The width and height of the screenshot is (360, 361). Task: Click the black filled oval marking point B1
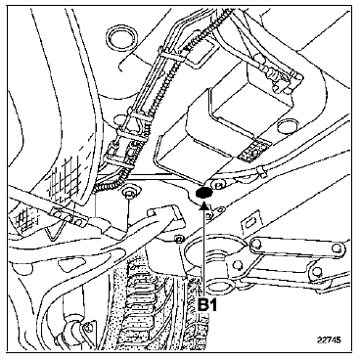[203, 193]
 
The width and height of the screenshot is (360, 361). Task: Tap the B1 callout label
[207, 305]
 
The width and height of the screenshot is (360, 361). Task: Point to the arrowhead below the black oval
[203, 204]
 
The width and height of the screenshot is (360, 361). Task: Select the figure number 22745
[329, 339]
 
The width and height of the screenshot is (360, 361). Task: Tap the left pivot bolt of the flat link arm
[257, 243]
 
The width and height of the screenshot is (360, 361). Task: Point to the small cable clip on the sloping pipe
[261, 170]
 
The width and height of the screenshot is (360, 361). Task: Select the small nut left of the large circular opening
[178, 239]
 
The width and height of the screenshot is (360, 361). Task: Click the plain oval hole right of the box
[286, 126]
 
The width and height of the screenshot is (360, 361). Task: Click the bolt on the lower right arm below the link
[316, 272]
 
